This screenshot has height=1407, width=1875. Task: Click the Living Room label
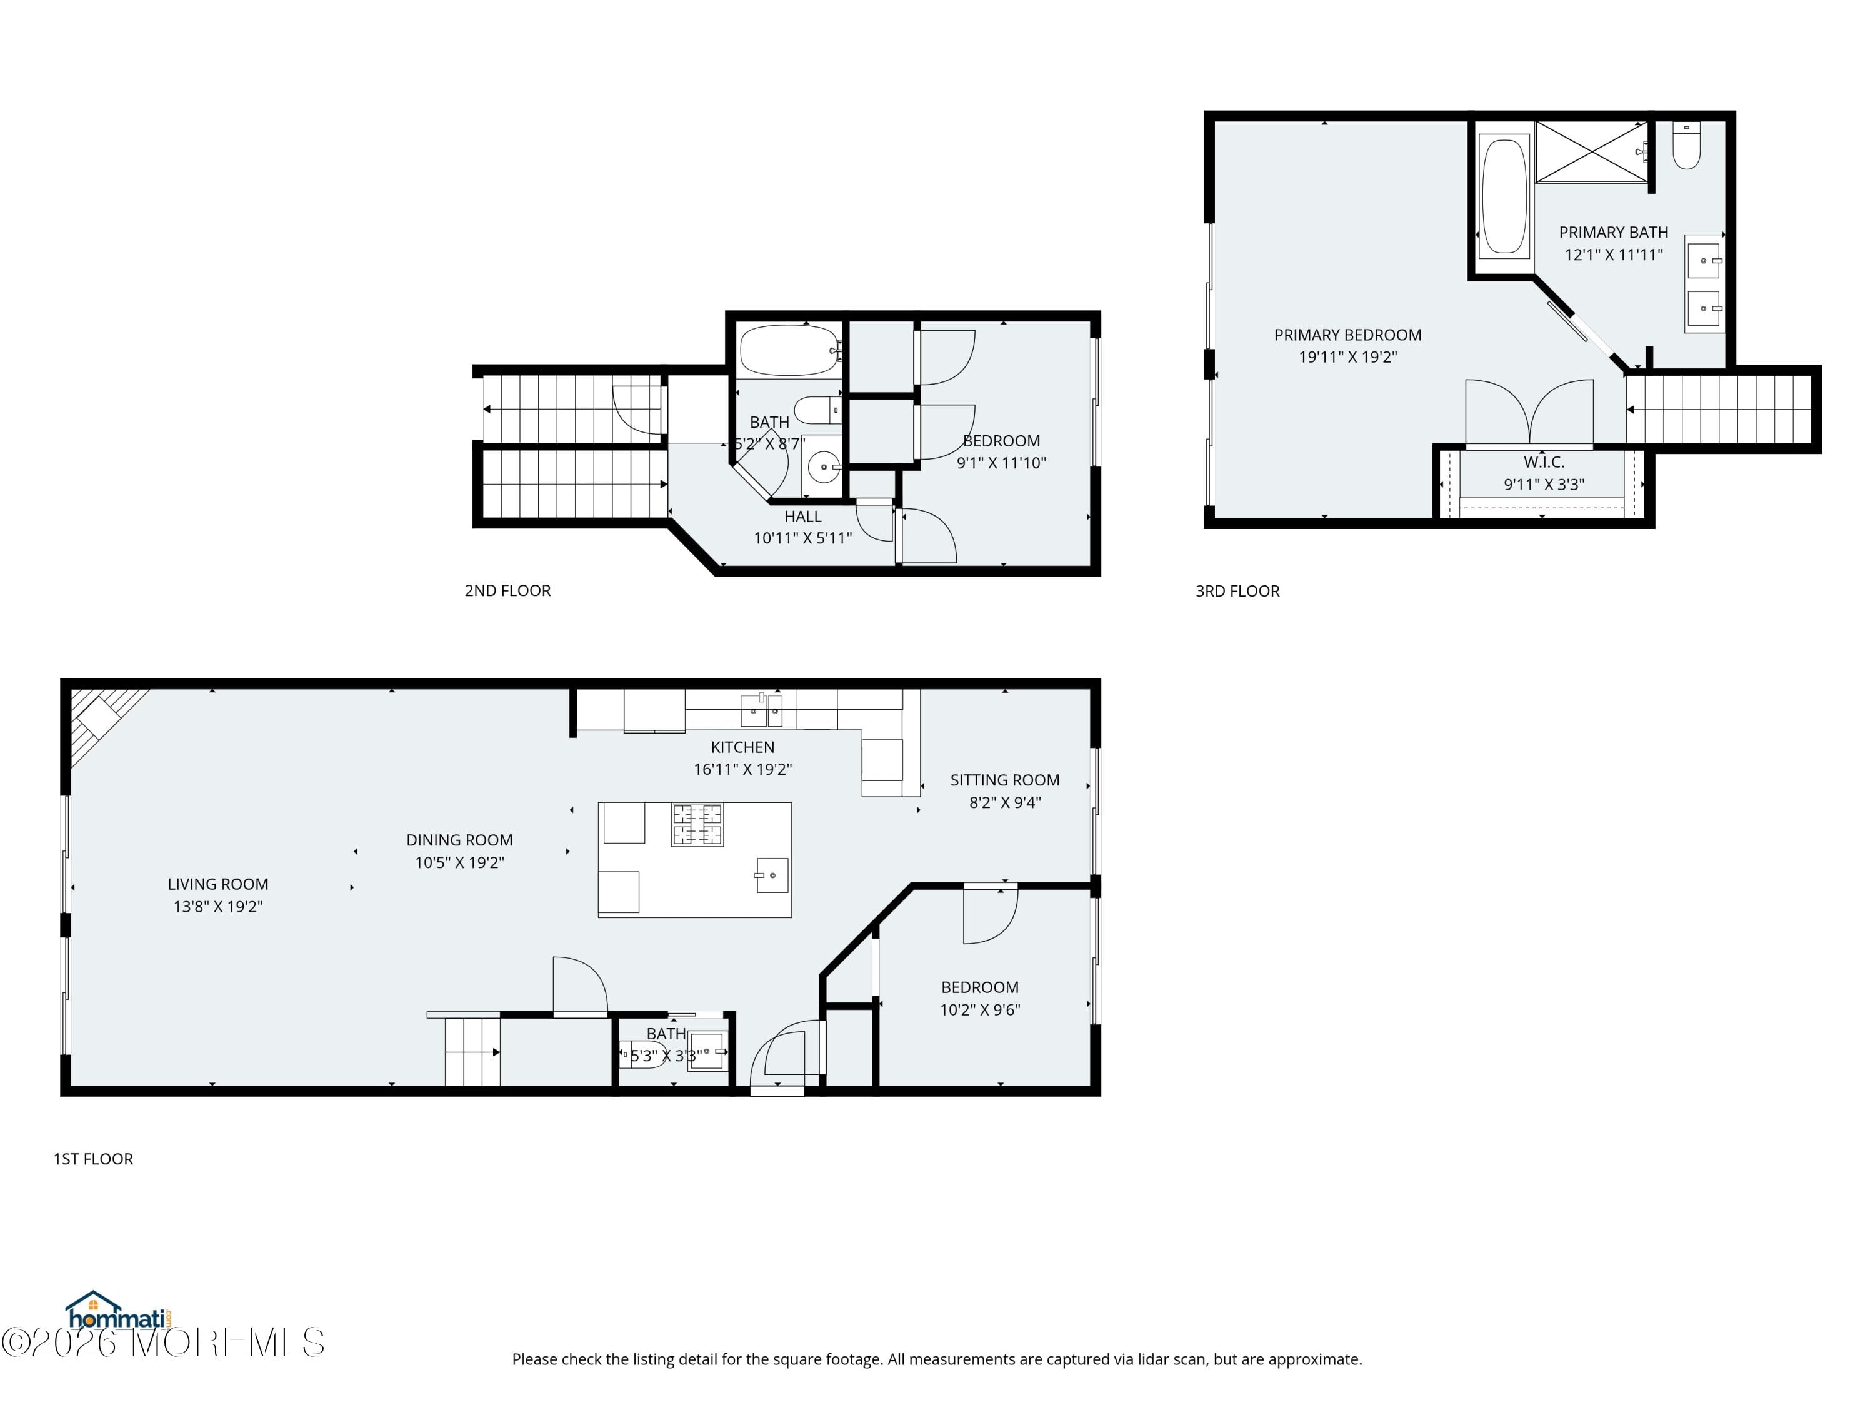coord(218,884)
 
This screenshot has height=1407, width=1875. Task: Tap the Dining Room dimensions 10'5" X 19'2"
coord(459,862)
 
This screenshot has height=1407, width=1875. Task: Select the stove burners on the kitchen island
coord(697,824)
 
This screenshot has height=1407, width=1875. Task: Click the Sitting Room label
coord(1004,780)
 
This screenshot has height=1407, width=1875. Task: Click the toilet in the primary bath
coord(1686,146)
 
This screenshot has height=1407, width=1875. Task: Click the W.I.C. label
coord(1544,462)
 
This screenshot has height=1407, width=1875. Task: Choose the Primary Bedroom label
coord(1347,335)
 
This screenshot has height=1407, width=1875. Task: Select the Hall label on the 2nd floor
coord(802,517)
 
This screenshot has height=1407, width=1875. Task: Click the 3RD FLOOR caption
coord(1237,591)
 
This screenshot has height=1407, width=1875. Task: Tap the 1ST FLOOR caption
coord(93,1159)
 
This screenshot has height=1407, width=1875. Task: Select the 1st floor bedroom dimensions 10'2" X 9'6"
coord(980,1009)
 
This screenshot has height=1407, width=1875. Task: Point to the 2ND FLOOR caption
coord(507,590)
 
